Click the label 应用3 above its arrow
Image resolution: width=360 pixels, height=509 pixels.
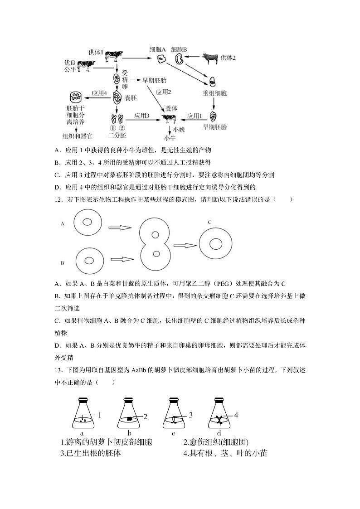pos(141,116)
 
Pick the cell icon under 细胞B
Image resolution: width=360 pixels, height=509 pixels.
pos(179,59)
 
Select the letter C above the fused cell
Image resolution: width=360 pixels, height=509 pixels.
pos(210,223)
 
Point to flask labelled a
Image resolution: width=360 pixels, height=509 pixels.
pos(84,413)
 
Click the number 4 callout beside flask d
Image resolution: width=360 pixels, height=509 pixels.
pos(236,415)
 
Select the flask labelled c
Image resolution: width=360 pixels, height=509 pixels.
pos(174,413)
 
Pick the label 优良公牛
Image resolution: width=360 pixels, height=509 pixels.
pos(70,65)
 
